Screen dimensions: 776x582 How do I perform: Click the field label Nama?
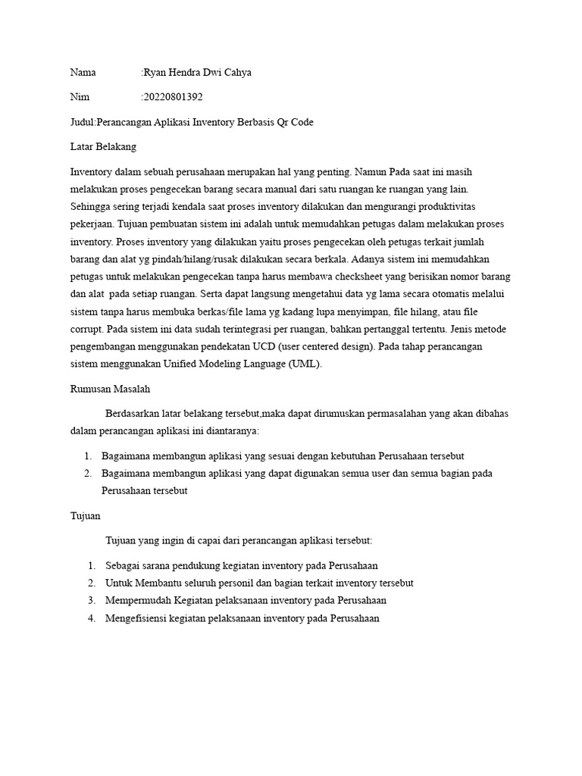tap(83, 73)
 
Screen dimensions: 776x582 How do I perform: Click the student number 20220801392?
tap(174, 97)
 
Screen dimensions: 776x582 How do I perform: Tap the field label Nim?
tap(80, 97)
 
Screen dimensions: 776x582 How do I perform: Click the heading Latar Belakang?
tap(103, 146)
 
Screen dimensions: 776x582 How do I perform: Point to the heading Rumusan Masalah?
tap(111, 389)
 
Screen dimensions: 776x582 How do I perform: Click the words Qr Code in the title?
tap(293, 122)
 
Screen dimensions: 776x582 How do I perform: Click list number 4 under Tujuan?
tap(91, 618)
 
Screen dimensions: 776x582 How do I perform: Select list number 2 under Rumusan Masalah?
tap(91, 473)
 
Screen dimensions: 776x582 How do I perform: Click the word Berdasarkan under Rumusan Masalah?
tap(137, 414)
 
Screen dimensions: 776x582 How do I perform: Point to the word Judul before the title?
tap(82, 122)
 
